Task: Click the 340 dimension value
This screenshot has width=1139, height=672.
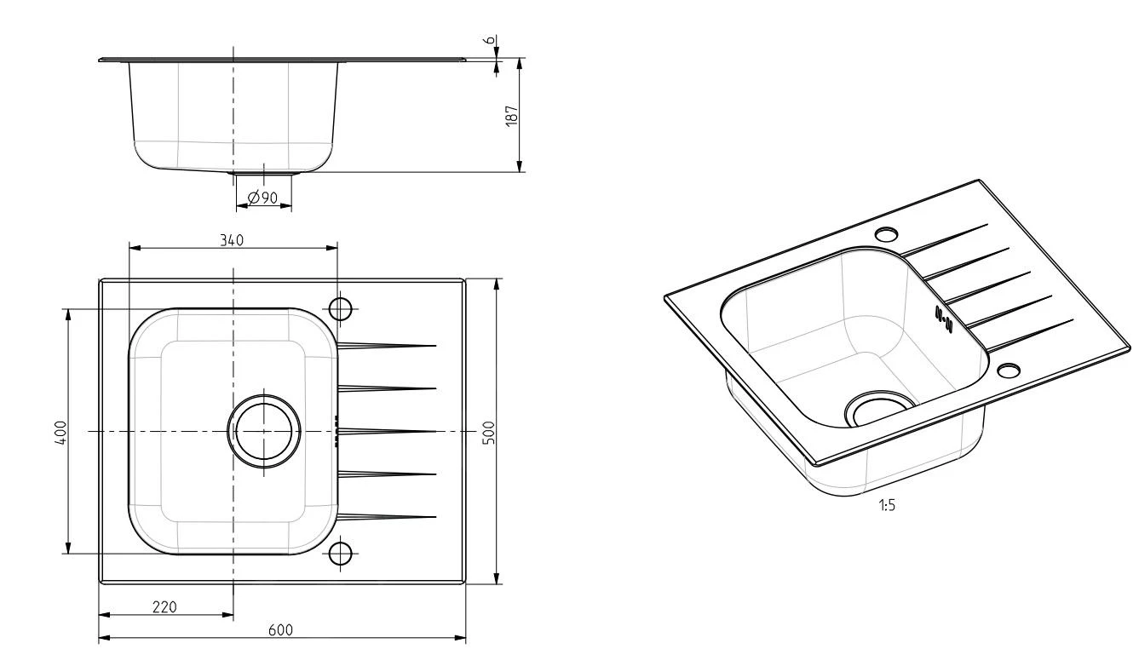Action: pos(231,240)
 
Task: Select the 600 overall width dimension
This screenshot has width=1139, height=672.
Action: pos(281,630)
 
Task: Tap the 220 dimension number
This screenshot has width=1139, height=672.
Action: pos(164,606)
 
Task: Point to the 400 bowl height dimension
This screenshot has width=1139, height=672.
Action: pos(60,431)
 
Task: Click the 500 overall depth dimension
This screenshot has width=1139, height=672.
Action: pos(489,431)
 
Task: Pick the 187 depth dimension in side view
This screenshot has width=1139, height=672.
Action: pos(511,115)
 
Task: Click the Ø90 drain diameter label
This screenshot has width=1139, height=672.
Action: pos(262,198)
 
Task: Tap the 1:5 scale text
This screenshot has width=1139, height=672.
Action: pos(887,505)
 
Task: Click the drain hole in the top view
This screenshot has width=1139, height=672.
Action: pos(264,431)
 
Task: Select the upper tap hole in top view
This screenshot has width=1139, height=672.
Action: pos(341,308)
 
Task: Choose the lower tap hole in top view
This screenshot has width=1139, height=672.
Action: pos(341,553)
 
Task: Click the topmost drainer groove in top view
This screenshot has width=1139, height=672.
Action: pos(388,345)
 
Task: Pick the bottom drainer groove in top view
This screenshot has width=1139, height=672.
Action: pos(388,516)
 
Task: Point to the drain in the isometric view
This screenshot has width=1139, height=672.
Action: pos(877,410)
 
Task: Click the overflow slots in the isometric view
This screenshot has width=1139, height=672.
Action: pos(943,316)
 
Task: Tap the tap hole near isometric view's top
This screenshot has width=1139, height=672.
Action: pos(887,233)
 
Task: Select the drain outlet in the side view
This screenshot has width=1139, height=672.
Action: pos(263,174)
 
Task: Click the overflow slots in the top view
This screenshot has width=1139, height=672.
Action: pos(337,431)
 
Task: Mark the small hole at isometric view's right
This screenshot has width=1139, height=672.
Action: pos(1009,370)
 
